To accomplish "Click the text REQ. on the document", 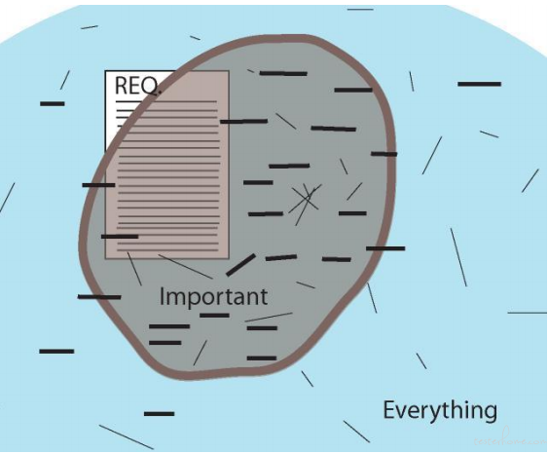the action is tap(138, 86).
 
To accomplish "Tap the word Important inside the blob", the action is tap(213, 297).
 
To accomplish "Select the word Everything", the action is tap(440, 410).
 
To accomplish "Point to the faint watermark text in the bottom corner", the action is tap(510, 440).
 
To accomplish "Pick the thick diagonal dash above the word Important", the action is tap(240, 265).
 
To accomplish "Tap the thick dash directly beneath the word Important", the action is tap(214, 316).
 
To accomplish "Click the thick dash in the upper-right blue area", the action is tap(480, 84).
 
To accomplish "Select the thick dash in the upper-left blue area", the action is tap(53, 103).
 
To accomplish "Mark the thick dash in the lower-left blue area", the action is tap(56, 351).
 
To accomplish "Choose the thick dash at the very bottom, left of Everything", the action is tap(159, 413).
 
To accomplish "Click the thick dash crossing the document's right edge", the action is tap(244, 122).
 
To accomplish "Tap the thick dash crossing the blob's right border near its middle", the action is tap(385, 248).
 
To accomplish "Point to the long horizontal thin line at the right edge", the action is tap(527, 313).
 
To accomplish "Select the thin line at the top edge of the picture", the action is tap(360, 10).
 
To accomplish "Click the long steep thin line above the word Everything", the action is tap(458, 257).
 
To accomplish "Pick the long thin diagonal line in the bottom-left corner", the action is tap(127, 436).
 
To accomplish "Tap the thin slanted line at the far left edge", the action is tap(7, 198).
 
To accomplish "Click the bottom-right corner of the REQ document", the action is tap(229, 259).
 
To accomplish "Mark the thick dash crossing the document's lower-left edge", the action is tap(120, 237).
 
